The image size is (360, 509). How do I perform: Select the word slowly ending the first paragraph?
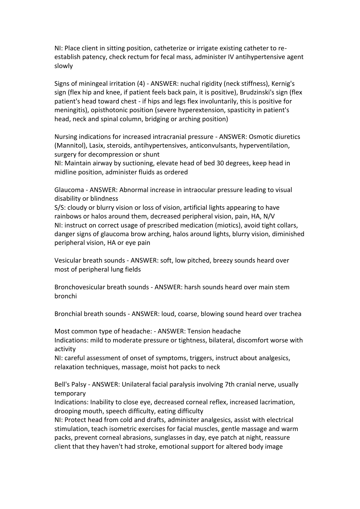pos(63,66)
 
